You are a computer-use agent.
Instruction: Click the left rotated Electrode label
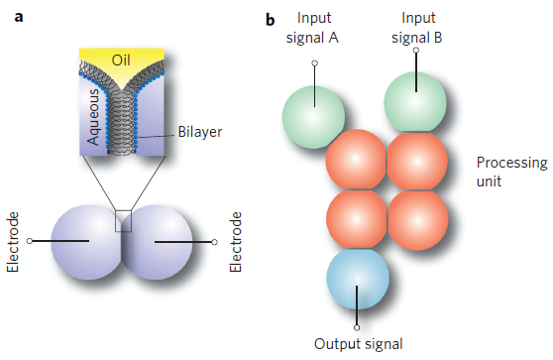pos(13,241)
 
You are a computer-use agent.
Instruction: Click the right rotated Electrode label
pos(235,241)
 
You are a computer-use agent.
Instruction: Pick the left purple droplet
pos(82,240)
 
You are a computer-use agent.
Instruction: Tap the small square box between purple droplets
pos(124,220)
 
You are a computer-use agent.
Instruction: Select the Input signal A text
pos(314,28)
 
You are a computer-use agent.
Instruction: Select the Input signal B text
pos(416,28)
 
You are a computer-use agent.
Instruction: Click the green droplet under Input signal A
pos(312,110)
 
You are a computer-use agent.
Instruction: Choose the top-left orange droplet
pos(356,160)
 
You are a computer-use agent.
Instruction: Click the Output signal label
pos(357,344)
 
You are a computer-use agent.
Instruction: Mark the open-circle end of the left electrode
pos(30,241)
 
